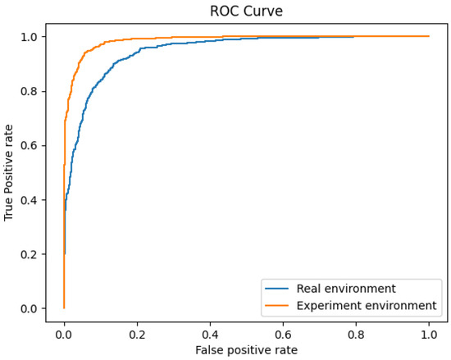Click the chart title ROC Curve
point(246,11)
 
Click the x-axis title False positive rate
point(246,349)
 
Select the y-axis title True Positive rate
point(9,173)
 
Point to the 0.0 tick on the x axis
point(64,334)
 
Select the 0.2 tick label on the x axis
point(137,334)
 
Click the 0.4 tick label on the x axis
point(210,334)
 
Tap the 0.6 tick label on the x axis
point(283,334)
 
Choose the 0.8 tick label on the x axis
point(356,334)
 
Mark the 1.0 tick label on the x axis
point(429,334)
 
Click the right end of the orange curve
point(428,36)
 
